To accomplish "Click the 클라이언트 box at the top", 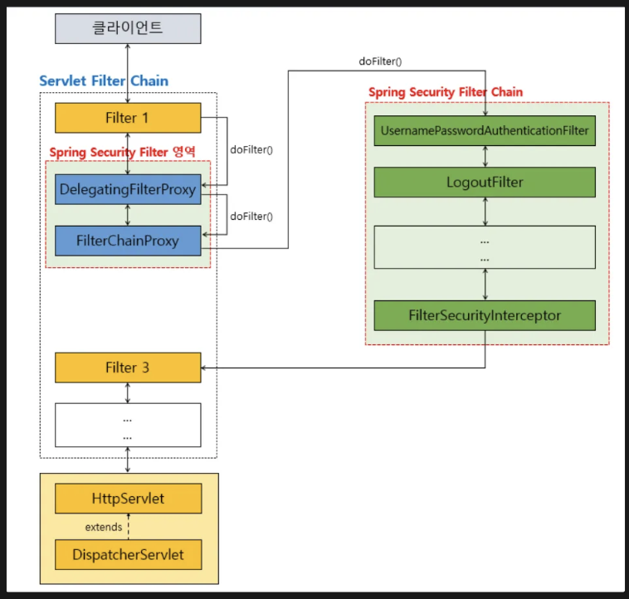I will click(128, 28).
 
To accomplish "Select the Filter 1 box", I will click(128, 118).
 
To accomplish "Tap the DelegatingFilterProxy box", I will click(128, 190).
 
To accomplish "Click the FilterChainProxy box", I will click(128, 241).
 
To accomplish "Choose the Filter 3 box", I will click(128, 368).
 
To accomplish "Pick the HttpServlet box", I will click(128, 499).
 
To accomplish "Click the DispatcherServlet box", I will click(128, 554).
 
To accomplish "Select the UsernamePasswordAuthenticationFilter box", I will click(485, 131).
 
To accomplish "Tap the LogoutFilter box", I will click(485, 182).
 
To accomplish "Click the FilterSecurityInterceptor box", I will click(485, 315).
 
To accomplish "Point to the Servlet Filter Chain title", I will click(104, 81).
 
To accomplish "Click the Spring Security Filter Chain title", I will click(446, 91).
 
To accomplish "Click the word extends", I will click(104, 527).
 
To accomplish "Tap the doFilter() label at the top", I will click(381, 61).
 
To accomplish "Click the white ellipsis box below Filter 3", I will click(128, 425).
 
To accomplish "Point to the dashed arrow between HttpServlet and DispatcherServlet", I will click(129, 527).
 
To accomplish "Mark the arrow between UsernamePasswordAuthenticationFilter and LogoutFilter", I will click(485, 157).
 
